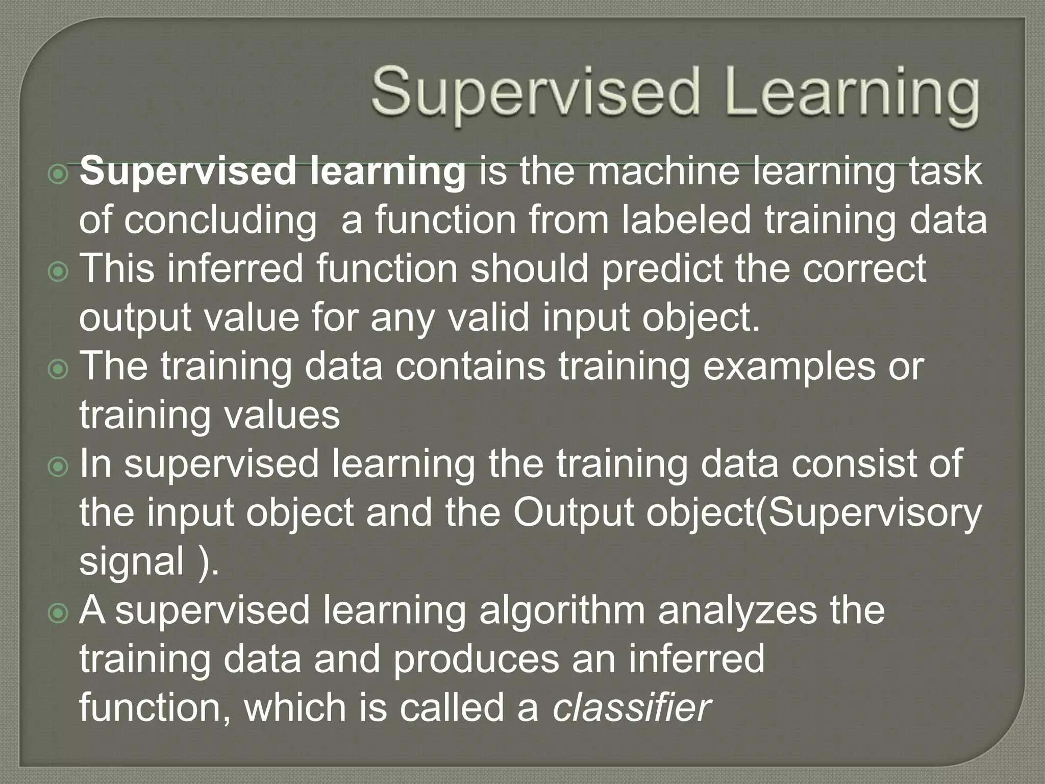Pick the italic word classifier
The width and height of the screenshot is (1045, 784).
pyautogui.click(x=632, y=708)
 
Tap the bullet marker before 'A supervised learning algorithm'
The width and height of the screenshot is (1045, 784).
pyautogui.click(x=59, y=613)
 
